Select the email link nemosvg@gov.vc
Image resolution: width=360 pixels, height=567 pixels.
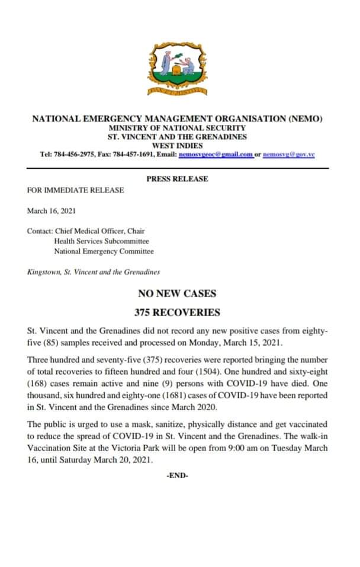pyautogui.click(x=288, y=154)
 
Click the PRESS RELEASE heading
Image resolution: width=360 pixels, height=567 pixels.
pyautogui.click(x=177, y=179)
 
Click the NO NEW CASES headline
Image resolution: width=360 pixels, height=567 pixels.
pyautogui.click(x=177, y=293)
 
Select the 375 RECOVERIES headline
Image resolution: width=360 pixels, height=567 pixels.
pyautogui.click(x=177, y=312)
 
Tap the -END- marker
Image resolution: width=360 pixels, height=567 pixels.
pyautogui.click(x=177, y=475)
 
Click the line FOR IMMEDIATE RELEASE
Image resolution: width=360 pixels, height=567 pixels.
pyautogui.click(x=76, y=190)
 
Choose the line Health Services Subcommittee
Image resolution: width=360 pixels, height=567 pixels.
pyautogui.click(x=101, y=241)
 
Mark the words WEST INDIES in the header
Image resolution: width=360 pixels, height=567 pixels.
pyautogui.click(x=177, y=145)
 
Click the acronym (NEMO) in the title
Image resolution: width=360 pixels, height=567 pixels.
pyautogui.click(x=305, y=118)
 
